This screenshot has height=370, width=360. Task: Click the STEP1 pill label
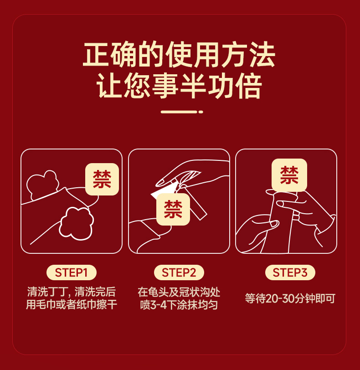click(x=72, y=272)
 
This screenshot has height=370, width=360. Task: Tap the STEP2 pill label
click(x=179, y=272)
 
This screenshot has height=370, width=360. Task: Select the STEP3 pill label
click(x=290, y=272)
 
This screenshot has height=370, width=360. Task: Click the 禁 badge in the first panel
click(x=102, y=179)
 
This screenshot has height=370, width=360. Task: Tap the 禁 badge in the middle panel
click(x=173, y=209)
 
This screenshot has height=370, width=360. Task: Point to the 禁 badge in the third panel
click(x=289, y=175)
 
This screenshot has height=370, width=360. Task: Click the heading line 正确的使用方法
click(x=179, y=55)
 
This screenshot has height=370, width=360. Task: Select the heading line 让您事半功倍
click(x=179, y=85)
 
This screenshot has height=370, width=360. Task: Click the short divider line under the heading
click(x=179, y=112)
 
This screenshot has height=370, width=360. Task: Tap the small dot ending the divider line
click(x=201, y=112)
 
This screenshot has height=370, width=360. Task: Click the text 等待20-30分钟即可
click(x=290, y=298)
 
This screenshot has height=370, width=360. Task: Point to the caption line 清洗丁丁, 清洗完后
click(x=72, y=292)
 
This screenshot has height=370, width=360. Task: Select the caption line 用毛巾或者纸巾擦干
click(x=72, y=304)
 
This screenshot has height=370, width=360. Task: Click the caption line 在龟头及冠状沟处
click(x=179, y=292)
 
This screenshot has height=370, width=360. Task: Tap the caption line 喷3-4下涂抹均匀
click(x=179, y=305)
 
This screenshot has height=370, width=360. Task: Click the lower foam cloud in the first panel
click(x=76, y=223)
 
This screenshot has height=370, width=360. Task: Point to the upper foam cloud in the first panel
click(x=42, y=185)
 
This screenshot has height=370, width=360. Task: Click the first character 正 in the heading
click(x=96, y=55)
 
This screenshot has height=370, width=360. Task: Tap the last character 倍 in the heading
click(x=249, y=85)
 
